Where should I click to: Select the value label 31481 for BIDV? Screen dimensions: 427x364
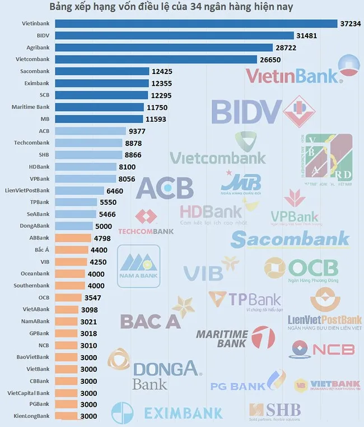click(x=308, y=35)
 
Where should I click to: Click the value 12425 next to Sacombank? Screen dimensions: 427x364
click(x=164, y=71)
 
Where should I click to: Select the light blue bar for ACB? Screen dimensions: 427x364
click(x=91, y=131)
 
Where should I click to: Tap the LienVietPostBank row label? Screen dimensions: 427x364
click(x=27, y=190)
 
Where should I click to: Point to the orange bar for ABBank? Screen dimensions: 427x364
click(x=74, y=238)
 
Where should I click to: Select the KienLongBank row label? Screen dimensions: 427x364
click(x=31, y=416)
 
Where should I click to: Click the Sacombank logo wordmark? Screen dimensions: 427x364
click(x=290, y=240)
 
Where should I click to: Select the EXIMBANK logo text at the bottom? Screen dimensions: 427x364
click(x=183, y=414)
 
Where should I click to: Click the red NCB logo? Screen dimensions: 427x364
click(x=323, y=349)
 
